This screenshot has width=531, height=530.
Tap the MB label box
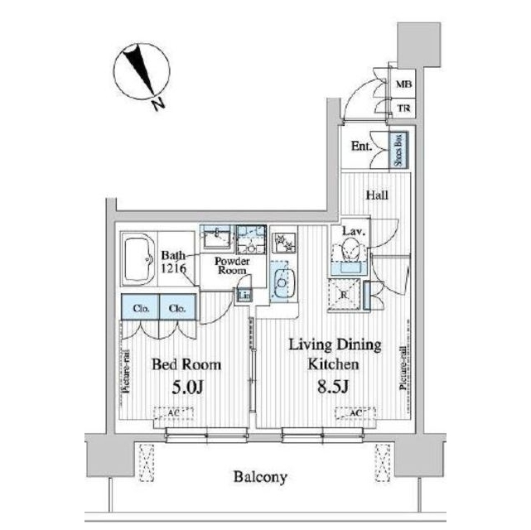point(403,84)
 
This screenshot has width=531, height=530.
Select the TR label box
point(403,108)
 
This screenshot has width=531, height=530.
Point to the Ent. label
point(361,147)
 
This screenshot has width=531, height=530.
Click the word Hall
point(377,195)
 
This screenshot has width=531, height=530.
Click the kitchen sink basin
point(281,282)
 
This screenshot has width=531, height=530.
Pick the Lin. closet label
point(245,296)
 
